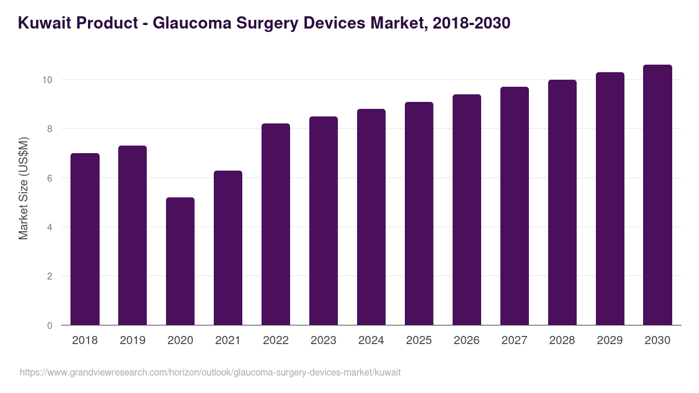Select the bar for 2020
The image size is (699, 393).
click(x=180, y=261)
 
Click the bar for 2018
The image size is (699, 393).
click(x=85, y=239)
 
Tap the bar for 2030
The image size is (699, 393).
click(x=657, y=195)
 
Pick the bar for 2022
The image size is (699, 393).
click(x=276, y=224)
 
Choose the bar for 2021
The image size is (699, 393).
click(x=228, y=248)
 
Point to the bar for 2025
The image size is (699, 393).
click(x=419, y=214)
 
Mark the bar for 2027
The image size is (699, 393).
click(x=514, y=206)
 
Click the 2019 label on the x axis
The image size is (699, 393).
click(x=132, y=341)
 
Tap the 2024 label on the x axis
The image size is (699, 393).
click(x=371, y=341)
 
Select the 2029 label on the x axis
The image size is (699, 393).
click(x=610, y=341)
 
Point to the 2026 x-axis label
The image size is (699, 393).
click(x=467, y=341)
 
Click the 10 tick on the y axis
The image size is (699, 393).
click(x=47, y=80)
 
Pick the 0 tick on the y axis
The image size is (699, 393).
click(x=50, y=325)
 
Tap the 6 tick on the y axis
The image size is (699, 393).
click(x=50, y=178)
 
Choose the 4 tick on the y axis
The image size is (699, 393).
click(x=50, y=227)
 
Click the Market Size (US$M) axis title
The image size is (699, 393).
click(x=23, y=188)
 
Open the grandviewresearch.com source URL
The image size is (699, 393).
click(x=210, y=372)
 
